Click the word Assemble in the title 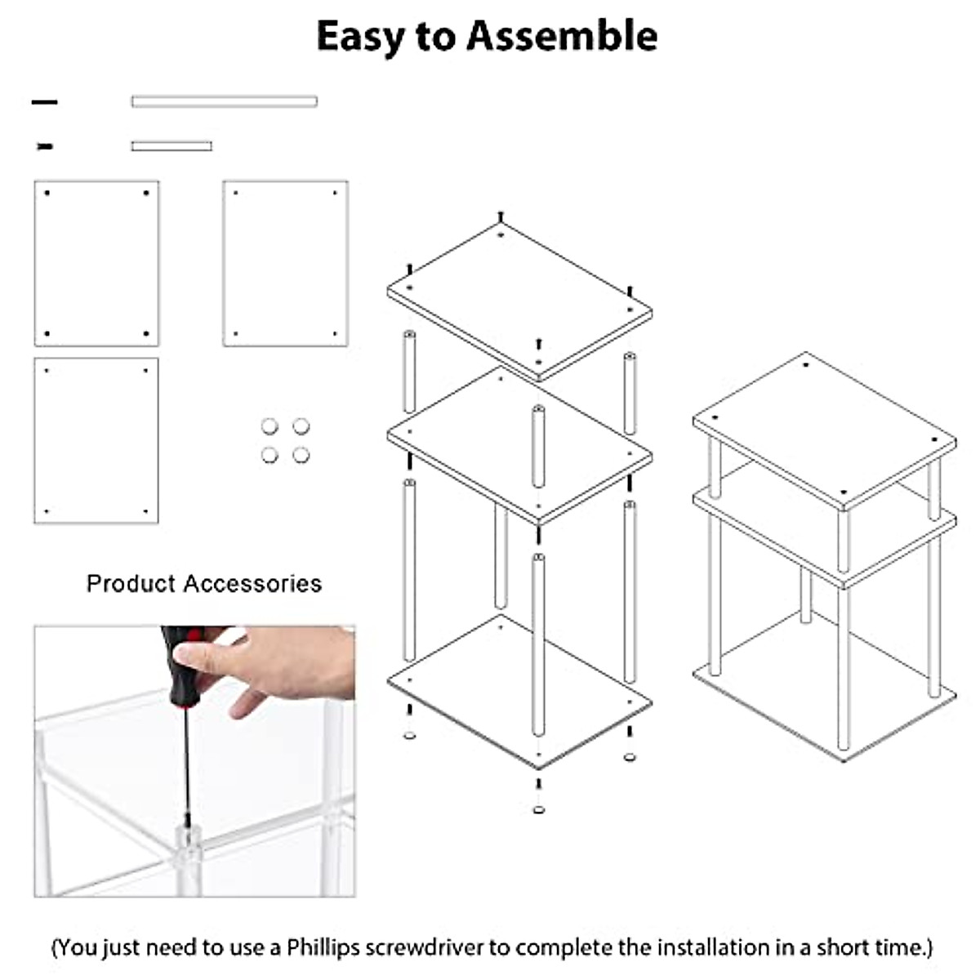click(x=562, y=37)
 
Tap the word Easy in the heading click(x=361, y=37)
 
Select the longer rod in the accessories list click(x=224, y=101)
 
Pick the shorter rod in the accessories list click(x=171, y=146)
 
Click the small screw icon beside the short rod click(x=45, y=146)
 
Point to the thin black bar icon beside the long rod click(x=45, y=102)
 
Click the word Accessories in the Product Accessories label click(x=252, y=583)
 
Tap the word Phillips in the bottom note click(x=323, y=947)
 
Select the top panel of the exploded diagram click(x=519, y=298)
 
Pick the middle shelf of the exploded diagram click(x=519, y=445)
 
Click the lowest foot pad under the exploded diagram click(x=538, y=809)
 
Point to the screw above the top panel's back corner click(x=500, y=217)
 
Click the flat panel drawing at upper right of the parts click(x=285, y=263)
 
